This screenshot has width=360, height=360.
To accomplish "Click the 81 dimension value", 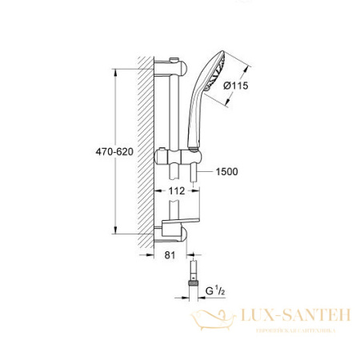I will tap(168, 256).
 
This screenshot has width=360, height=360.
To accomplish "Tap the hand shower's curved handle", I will tap(195, 120).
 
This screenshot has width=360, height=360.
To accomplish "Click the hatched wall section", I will tap(145, 144).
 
